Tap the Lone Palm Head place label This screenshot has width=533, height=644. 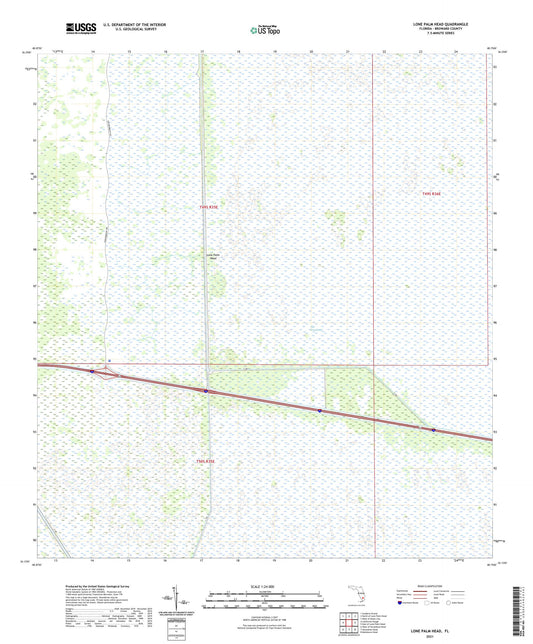[x=212, y=255]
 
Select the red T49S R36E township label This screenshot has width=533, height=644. [x=430, y=193]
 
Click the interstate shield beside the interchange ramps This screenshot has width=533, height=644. [x=92, y=372]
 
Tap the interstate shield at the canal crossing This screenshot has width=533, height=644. [x=206, y=391]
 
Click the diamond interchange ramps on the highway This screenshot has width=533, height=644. [x=108, y=374]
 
